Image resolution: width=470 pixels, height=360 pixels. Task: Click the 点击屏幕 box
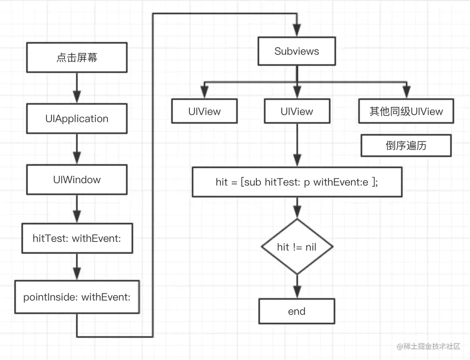[77, 57]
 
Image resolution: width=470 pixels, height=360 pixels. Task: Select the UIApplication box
[77, 119]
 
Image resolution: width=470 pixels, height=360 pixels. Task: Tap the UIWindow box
[77, 180]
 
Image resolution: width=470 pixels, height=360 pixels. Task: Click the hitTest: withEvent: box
[77, 238]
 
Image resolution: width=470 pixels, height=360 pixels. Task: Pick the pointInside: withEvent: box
[77, 297]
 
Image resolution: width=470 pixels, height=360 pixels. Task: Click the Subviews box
[296, 51]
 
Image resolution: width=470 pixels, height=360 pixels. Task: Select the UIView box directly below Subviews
[296, 111]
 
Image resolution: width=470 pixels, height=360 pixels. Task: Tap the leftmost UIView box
[204, 111]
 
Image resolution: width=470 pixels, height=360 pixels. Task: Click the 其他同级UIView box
[406, 111]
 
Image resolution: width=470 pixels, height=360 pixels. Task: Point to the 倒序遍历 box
[406, 146]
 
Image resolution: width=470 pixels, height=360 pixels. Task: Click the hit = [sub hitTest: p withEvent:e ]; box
[297, 182]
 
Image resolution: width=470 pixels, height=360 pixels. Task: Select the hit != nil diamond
[297, 247]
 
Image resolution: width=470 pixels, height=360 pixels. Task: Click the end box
[296, 311]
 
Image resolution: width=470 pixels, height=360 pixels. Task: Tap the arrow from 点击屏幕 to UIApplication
[77, 88]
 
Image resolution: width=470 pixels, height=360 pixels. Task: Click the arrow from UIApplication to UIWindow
[77, 149]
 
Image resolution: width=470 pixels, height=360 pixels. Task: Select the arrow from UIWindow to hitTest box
[77, 209]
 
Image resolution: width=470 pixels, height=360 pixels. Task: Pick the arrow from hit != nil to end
[297, 286]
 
